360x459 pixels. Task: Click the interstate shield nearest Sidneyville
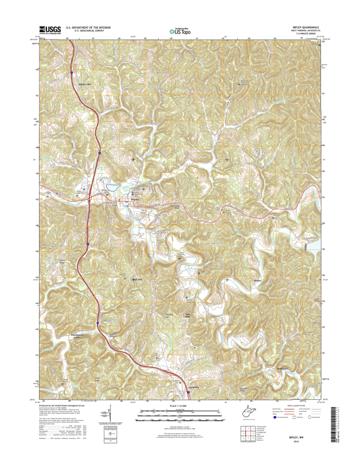[x=72, y=73]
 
